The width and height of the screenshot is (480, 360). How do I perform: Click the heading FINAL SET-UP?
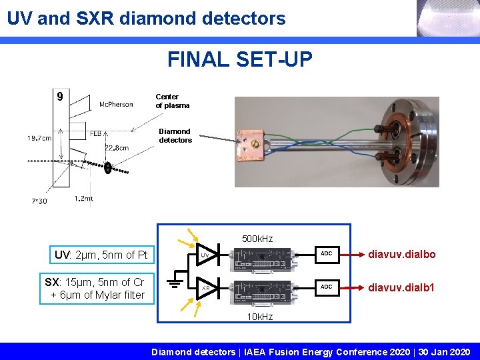239,60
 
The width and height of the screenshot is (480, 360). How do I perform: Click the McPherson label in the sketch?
115,104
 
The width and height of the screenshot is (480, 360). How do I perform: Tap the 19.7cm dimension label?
39,139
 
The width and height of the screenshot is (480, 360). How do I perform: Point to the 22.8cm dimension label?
117,148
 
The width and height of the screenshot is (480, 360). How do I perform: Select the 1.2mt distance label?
84,198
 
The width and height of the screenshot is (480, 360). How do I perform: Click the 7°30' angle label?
39,201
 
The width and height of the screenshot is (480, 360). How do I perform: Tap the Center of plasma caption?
173,101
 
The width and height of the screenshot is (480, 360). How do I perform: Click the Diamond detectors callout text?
175,136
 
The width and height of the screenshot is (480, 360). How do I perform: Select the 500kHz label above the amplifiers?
257,239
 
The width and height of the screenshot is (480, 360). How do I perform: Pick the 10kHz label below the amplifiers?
259,317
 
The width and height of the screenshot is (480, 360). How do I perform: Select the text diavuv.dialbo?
403,255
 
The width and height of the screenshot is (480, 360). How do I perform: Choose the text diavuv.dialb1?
403,287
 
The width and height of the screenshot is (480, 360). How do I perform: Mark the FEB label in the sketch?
96,133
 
